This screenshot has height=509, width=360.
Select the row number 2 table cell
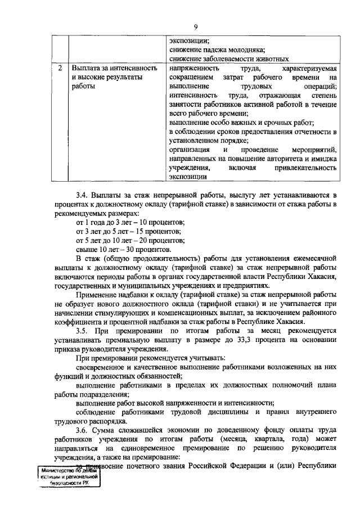click(60, 68)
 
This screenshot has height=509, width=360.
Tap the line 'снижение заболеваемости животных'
click(229, 58)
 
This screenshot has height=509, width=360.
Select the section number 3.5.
click(83, 331)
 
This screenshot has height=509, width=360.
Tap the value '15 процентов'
click(156, 232)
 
